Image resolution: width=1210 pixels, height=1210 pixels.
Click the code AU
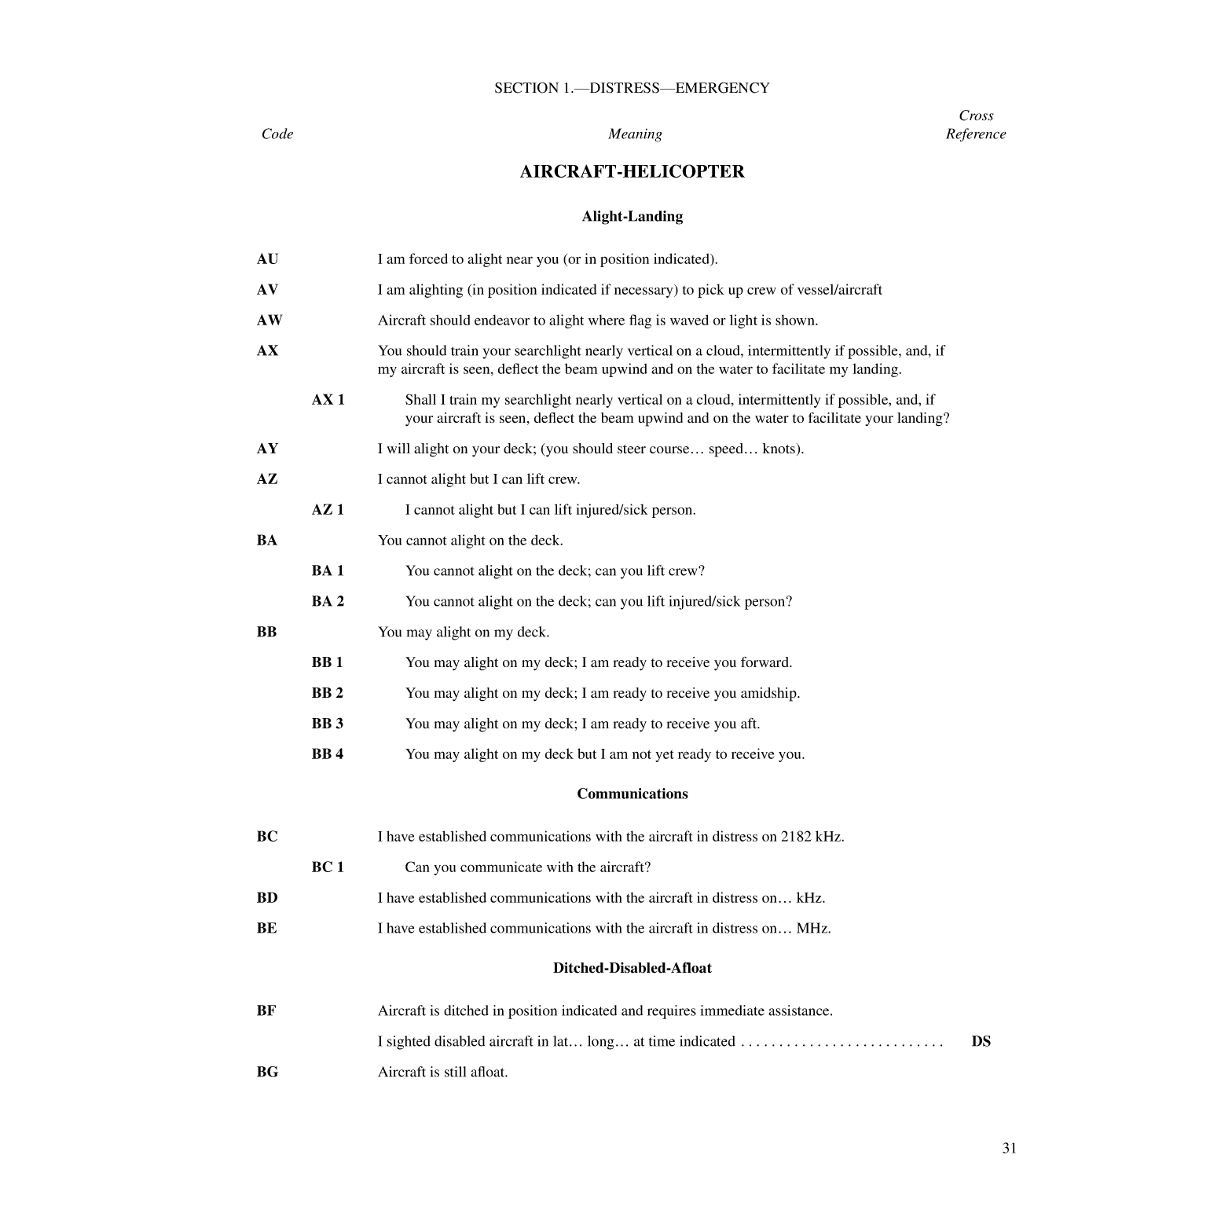point(267,259)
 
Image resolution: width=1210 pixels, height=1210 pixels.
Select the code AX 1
point(328,400)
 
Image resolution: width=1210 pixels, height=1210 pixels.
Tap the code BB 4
point(327,754)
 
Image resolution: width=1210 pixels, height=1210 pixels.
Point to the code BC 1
point(328,867)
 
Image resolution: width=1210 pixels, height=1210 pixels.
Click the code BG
point(267,1072)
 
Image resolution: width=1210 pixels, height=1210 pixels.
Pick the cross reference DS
point(981,1042)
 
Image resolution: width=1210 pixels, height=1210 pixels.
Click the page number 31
point(1009,1149)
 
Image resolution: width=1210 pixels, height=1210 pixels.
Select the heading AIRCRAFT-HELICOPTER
point(632,172)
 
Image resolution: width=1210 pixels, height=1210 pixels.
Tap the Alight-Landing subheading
point(632,217)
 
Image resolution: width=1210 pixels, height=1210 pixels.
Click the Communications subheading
point(632,794)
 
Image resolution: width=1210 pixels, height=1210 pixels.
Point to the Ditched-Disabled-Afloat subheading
point(632,968)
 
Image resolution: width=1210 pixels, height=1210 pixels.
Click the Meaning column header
point(635,134)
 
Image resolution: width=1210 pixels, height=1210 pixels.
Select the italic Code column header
point(277,134)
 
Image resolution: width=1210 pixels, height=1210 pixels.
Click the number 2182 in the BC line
point(796,837)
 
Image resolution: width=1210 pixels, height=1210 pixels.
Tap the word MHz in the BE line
point(812,929)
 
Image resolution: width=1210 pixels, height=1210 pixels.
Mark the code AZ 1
point(328,510)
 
